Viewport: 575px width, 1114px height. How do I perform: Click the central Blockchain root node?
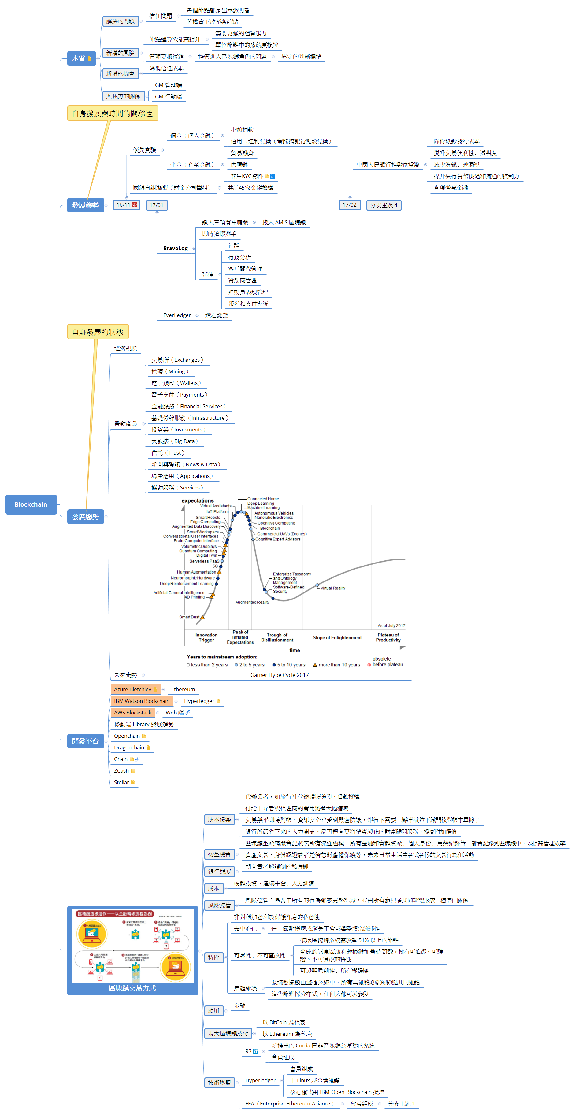point(31,504)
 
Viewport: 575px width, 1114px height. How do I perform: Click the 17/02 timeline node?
point(349,205)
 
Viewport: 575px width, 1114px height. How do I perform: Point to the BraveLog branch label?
point(175,248)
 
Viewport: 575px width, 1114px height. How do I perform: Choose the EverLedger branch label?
point(176,315)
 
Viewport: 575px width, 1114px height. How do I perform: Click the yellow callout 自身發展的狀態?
point(98,332)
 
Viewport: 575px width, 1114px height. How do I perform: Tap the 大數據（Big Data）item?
point(174,441)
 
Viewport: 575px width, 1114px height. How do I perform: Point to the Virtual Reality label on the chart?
point(333,588)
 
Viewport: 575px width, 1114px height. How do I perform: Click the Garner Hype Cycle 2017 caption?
point(280,675)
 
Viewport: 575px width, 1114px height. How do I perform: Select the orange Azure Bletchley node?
point(133,689)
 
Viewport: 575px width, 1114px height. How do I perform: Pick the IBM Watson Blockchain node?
point(142,701)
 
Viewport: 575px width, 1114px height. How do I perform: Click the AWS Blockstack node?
point(132,713)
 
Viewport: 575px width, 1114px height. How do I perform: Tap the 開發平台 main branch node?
point(85,741)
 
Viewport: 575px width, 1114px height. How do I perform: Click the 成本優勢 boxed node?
point(219,820)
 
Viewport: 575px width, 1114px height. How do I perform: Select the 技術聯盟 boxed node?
point(219,1083)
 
